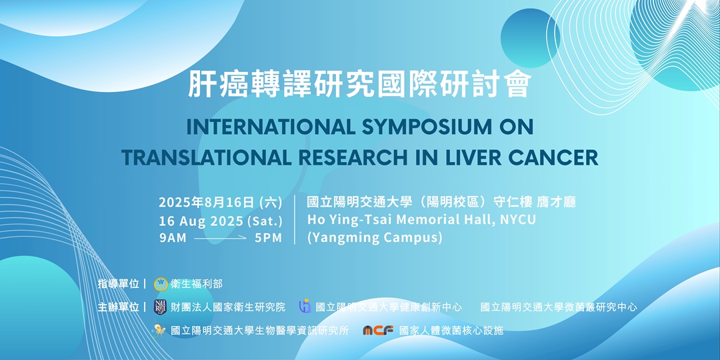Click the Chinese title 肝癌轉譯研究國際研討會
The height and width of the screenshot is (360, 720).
(x=359, y=84)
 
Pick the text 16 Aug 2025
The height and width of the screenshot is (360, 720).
(x=201, y=221)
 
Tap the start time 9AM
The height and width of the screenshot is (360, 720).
(x=173, y=238)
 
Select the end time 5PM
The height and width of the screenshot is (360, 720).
(x=269, y=238)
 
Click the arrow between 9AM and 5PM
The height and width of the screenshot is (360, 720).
(x=221, y=238)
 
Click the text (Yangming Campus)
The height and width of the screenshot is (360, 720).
(x=375, y=238)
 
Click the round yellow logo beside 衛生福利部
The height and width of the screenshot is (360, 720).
(x=160, y=284)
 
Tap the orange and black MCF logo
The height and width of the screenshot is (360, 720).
(x=378, y=331)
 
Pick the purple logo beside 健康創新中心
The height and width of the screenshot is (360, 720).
(x=305, y=306)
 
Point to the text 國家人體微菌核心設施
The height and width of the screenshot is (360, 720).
(x=451, y=331)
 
